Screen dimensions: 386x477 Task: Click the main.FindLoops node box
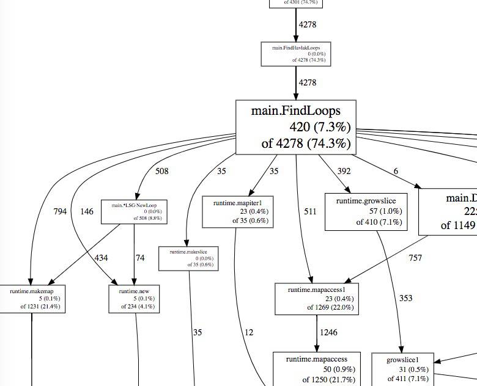(296, 127)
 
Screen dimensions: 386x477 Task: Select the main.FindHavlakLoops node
(296, 54)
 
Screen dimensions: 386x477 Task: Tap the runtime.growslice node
(366, 211)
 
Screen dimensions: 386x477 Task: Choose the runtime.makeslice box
(188, 258)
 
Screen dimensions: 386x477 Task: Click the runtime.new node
(135, 299)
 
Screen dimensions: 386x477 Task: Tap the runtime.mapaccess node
(315, 369)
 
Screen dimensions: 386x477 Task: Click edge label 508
(161, 171)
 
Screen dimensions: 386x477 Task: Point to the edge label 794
(59, 212)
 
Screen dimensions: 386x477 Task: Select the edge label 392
(327, 171)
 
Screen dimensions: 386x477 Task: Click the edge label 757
(415, 258)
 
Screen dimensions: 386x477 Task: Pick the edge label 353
(405, 298)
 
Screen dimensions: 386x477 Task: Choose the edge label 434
(101, 258)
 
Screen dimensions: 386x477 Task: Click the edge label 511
(311, 212)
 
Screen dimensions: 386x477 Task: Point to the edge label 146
(87, 212)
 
